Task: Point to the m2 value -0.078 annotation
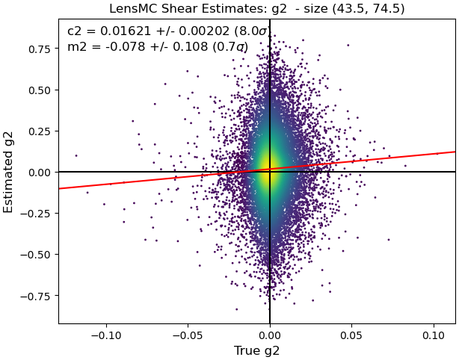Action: (x=126, y=46)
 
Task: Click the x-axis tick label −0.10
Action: (x=106, y=335)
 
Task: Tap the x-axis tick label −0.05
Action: (x=188, y=335)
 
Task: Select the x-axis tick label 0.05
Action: (x=351, y=335)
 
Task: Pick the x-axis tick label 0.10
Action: (x=434, y=335)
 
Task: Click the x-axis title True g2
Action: (x=256, y=351)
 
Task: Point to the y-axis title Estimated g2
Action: (x=8, y=171)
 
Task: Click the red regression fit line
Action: (x=257, y=170)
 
